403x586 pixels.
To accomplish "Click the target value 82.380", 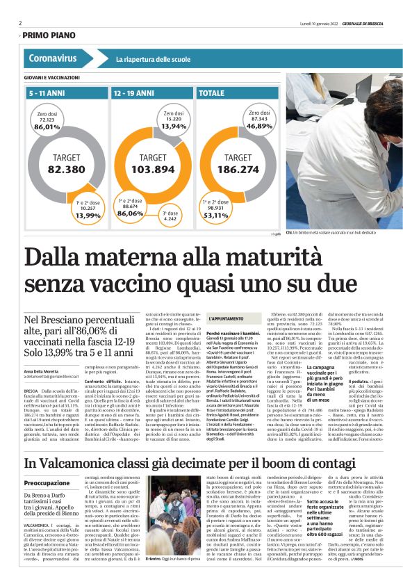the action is (66, 169).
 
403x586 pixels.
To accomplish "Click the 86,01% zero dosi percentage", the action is (47, 127).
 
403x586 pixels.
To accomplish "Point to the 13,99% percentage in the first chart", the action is (88, 215).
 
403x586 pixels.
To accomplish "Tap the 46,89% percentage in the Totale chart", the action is (258, 126).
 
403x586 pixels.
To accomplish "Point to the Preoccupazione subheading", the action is (47, 482).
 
